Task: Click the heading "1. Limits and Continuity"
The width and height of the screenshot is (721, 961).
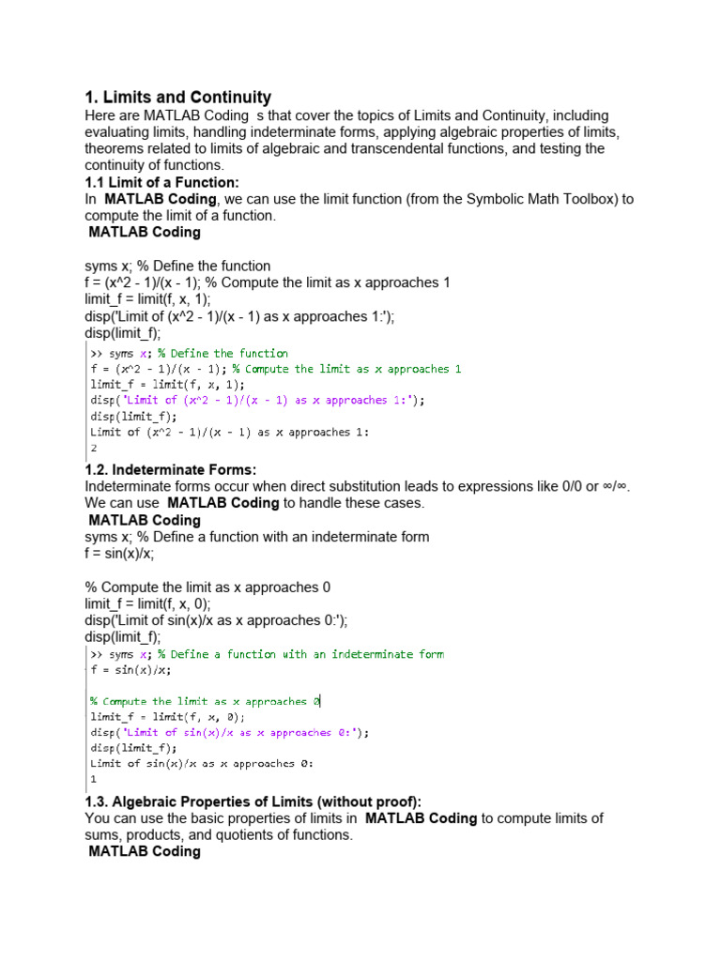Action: pos(177,98)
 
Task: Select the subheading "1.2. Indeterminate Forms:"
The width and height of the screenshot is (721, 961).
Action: pos(170,469)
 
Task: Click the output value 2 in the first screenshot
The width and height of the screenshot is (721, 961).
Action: pos(94,448)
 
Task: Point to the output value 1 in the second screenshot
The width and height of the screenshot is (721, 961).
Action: pos(94,779)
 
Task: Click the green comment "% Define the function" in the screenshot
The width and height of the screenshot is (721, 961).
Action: pos(222,354)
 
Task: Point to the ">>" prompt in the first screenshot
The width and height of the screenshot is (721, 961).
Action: pos(97,354)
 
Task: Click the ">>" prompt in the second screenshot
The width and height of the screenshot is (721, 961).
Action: pos(97,654)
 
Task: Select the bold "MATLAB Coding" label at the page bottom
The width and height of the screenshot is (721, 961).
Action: pos(144,851)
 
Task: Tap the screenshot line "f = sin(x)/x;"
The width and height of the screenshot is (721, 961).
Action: pos(131,670)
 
